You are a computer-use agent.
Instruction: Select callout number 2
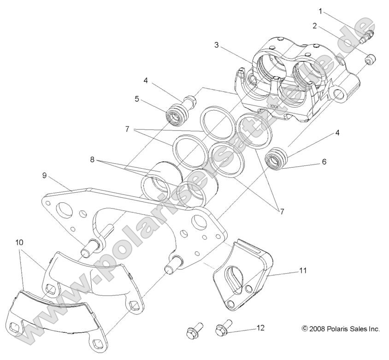(314, 26)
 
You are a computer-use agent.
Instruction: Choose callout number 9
(44, 175)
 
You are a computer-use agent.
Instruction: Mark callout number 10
(19, 242)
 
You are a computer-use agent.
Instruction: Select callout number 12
(260, 328)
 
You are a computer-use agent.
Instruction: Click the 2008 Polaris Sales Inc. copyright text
(341, 329)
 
